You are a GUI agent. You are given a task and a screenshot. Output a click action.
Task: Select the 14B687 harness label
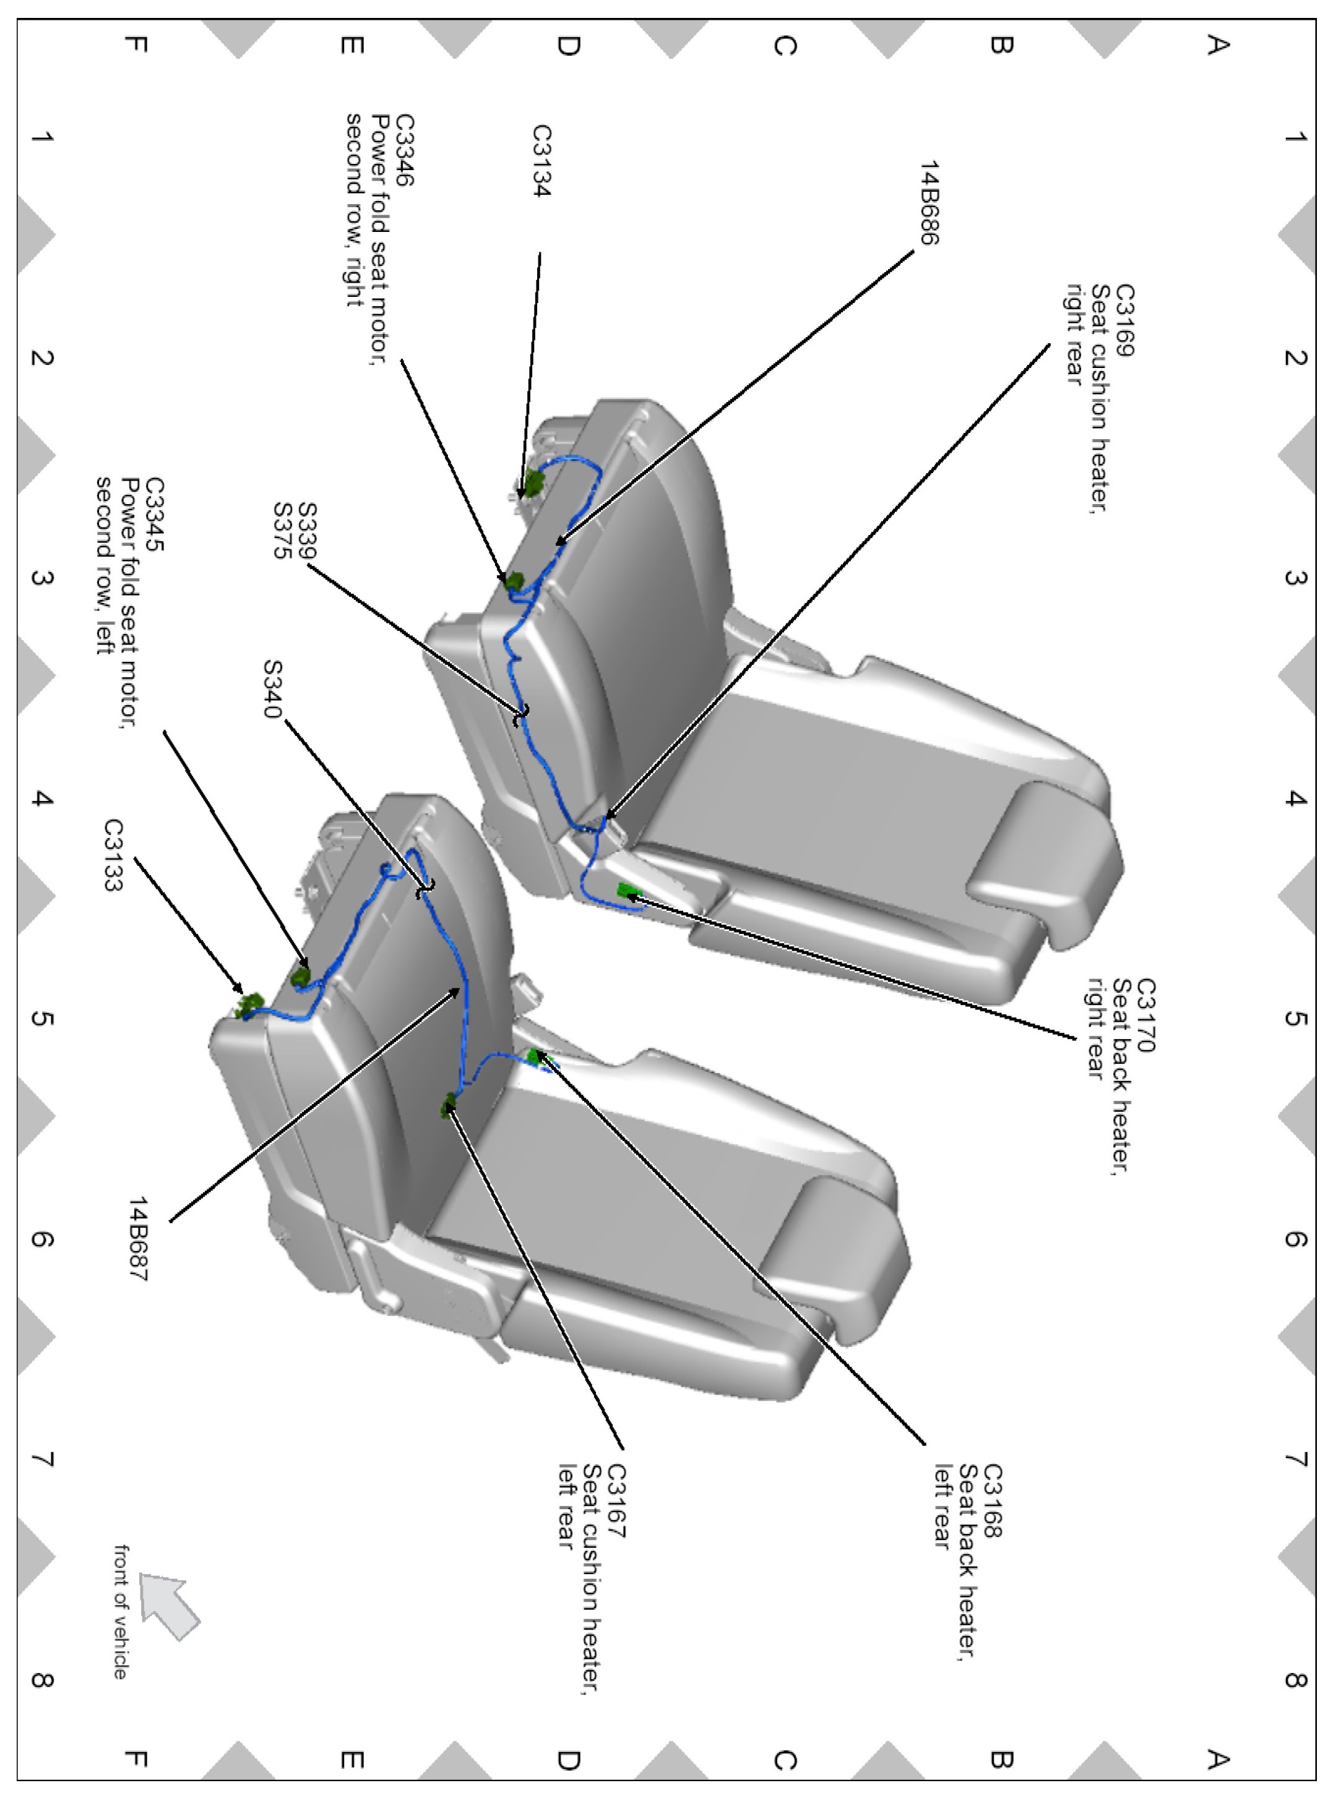[138, 1239]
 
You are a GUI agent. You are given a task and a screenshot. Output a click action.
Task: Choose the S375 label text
[282, 531]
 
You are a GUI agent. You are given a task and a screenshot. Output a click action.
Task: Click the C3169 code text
[1124, 320]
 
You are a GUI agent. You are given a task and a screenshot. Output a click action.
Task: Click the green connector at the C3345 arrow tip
[300, 976]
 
